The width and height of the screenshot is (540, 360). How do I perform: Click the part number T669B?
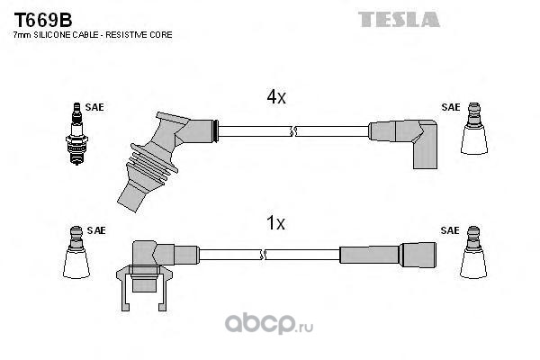42,21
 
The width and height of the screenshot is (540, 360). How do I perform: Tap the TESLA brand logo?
399,19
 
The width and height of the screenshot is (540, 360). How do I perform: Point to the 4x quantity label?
276,97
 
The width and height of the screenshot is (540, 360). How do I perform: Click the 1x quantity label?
276,223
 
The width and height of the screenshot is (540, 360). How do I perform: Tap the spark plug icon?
76,134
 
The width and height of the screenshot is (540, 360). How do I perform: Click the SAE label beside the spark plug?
94,107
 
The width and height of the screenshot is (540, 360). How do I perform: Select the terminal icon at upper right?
474,128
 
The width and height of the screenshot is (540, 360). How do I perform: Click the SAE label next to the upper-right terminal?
451,107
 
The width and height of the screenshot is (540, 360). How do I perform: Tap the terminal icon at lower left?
76,252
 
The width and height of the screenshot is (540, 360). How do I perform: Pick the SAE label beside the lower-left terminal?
96,230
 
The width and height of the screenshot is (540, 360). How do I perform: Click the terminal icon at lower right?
473,252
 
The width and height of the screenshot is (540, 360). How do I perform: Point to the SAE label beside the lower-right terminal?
450,230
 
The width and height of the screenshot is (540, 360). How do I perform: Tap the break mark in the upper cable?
293,131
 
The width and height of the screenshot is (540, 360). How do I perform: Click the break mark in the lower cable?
263,255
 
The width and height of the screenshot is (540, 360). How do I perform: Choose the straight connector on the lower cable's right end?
388,254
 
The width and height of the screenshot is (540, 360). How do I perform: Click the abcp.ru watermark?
269,324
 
